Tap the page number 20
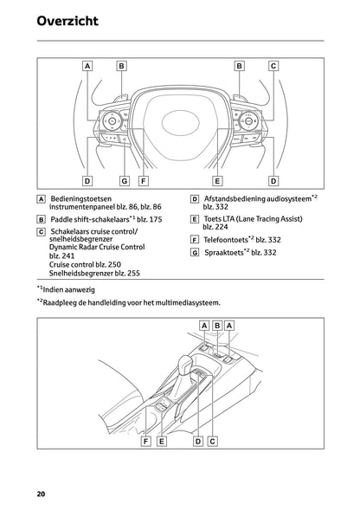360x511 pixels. [41, 495]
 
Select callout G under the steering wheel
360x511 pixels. [124, 181]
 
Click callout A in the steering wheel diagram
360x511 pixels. [87, 65]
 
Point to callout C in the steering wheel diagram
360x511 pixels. [273, 65]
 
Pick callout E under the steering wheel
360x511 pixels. [217, 181]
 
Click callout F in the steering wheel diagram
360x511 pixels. [142, 181]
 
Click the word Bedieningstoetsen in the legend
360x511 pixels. [81, 198]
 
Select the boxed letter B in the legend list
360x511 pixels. [42, 221]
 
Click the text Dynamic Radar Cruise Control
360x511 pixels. [97, 248]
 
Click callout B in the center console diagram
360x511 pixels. [216, 325]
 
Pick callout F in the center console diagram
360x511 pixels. [147, 441]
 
